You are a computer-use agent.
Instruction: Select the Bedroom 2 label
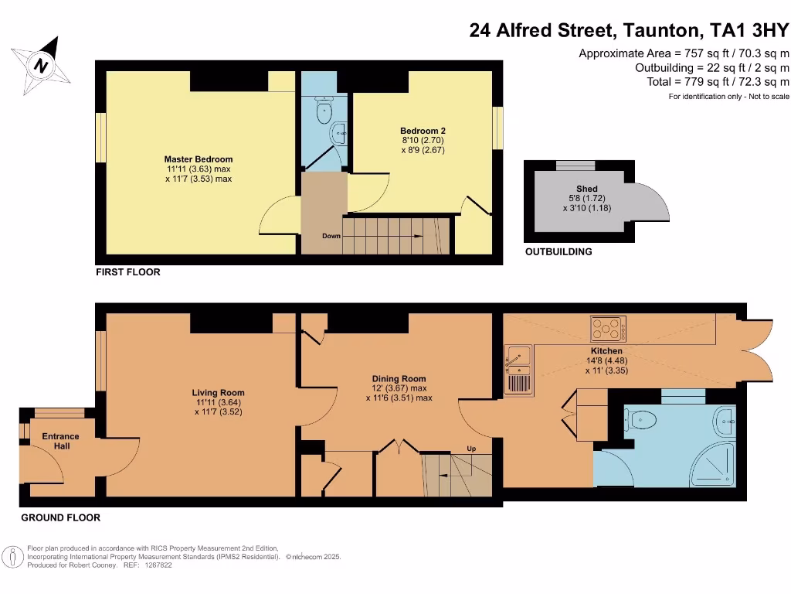pos(423,131)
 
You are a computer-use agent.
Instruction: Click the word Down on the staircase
pos(331,236)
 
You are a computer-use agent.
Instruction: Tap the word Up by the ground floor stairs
pos(471,449)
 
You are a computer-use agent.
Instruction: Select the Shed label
pos(587,189)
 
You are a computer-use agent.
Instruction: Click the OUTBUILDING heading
pos(558,252)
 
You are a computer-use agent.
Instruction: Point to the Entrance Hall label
pos(61,442)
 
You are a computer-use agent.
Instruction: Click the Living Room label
pos(219,393)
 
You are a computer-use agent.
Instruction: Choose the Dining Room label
pos(399,379)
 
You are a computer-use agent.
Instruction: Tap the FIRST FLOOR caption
pos(128,272)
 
